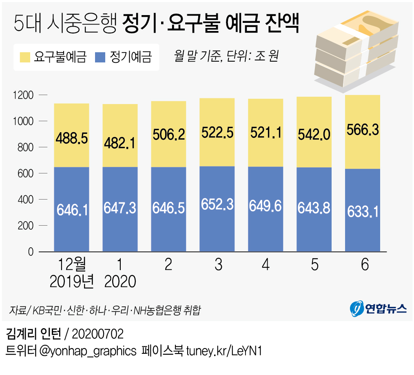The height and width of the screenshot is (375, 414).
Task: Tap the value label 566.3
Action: click(363, 130)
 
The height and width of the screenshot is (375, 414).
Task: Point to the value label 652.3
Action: click(217, 204)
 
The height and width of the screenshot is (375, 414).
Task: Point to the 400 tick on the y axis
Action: click(25, 200)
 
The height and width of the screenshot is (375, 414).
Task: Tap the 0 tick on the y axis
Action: click(31, 252)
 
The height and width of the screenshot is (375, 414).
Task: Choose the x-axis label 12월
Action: click(71, 265)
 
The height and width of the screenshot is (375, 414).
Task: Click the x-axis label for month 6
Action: click(364, 265)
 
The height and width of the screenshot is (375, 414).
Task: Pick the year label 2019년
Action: click(72, 281)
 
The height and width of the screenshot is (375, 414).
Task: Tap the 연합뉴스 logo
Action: click(378, 308)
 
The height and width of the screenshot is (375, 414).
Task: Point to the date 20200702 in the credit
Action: click(97, 334)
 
